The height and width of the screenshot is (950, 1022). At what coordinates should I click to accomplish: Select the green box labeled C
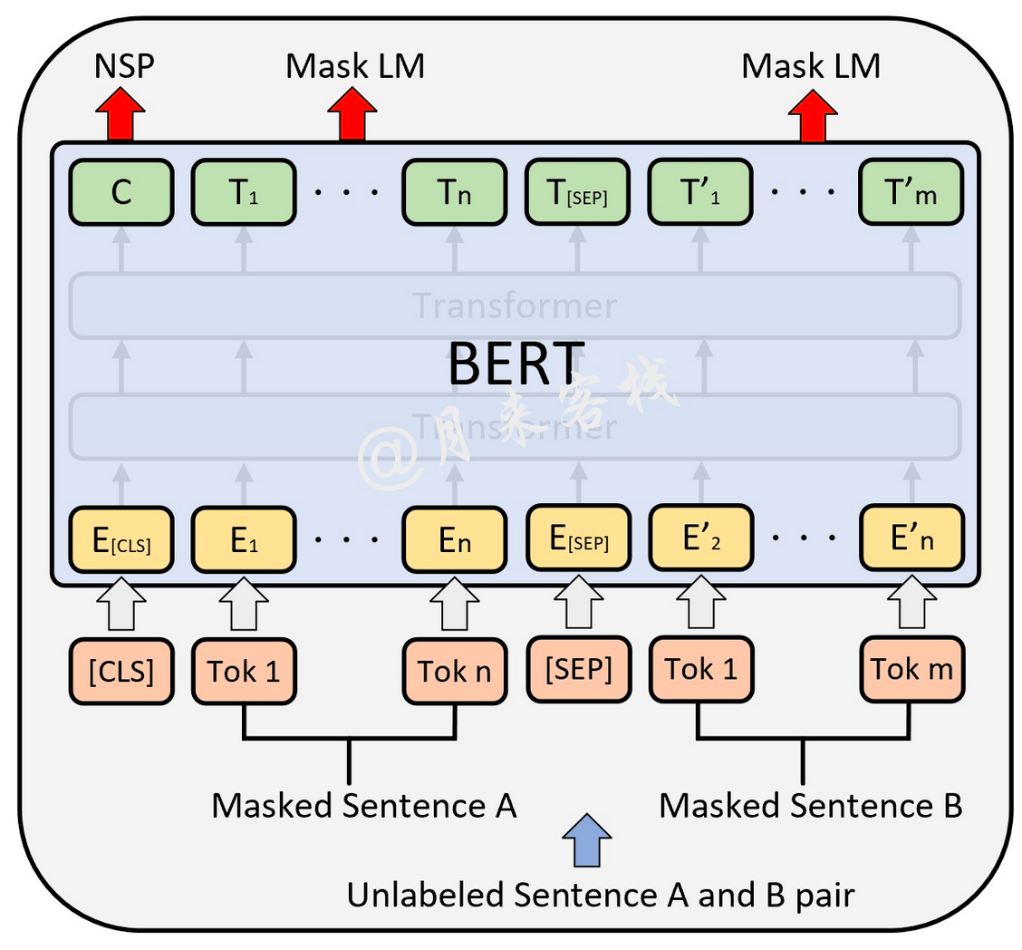(121, 192)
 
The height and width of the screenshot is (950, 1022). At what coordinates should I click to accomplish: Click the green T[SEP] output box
(577, 192)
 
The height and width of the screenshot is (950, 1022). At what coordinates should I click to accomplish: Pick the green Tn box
(454, 192)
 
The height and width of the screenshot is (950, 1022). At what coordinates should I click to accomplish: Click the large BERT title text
(513, 364)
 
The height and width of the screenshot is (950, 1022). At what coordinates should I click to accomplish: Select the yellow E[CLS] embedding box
(121, 540)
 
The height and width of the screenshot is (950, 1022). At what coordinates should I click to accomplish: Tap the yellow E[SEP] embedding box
(577, 540)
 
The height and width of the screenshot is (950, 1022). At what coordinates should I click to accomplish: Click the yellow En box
(454, 540)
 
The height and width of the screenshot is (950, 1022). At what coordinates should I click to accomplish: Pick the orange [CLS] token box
(121, 670)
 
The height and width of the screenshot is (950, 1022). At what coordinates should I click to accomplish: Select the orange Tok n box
(454, 671)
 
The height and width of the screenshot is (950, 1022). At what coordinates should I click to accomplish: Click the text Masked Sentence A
(364, 805)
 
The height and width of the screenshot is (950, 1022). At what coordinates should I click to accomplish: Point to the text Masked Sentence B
(811, 805)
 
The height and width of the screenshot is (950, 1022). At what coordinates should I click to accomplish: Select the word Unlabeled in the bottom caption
(424, 896)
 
